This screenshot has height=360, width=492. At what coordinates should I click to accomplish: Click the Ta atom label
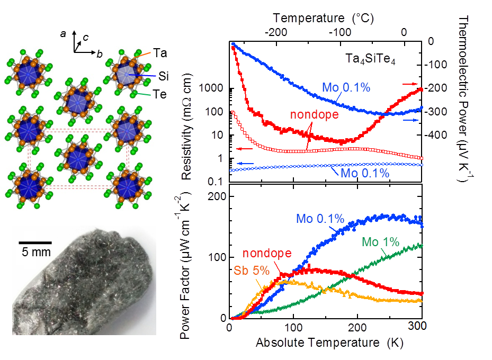(x=161, y=52)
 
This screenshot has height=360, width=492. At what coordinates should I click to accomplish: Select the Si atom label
(x=164, y=77)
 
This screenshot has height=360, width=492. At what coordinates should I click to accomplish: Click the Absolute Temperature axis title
(x=325, y=343)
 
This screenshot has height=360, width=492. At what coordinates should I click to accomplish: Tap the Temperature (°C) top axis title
(x=325, y=17)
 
